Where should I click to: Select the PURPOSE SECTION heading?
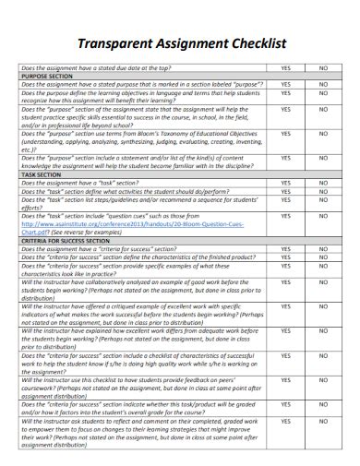pos(46,76)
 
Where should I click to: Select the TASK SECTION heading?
pos(40,174)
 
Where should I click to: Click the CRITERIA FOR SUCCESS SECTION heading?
pos(67,239)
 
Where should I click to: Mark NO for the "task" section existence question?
pos(323,183)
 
